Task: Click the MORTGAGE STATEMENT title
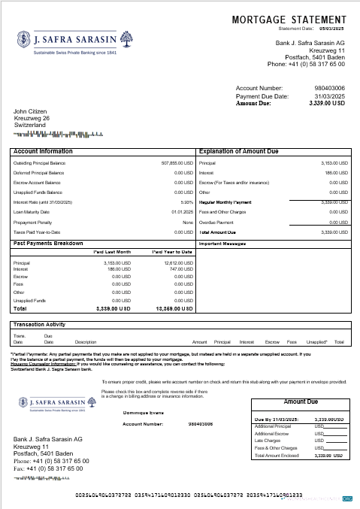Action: coord(289,20)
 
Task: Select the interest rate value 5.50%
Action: coord(187,202)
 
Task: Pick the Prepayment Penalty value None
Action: coord(188,223)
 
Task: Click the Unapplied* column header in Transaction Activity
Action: coord(316,341)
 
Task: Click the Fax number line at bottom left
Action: coord(51,468)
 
